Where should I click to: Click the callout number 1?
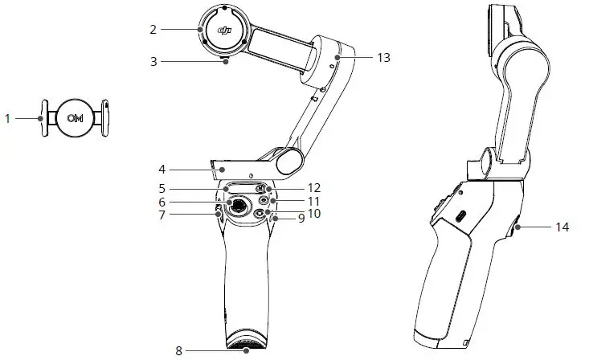[x=7, y=118]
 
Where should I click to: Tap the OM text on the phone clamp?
[x=76, y=118]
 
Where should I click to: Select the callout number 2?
[x=153, y=29]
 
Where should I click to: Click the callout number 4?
[x=162, y=170]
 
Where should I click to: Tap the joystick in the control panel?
[x=239, y=207]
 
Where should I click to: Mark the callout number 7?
[x=162, y=215]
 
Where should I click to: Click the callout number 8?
[x=179, y=350]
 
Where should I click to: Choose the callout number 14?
[x=562, y=227]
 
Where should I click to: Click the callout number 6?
[x=162, y=202]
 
